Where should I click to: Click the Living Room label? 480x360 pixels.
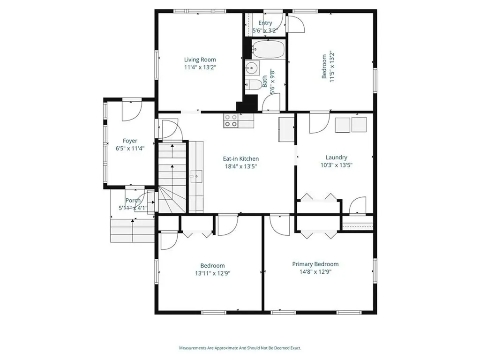point(200,60)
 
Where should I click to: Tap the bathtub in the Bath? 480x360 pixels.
point(269,49)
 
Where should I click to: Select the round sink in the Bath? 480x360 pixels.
point(252,68)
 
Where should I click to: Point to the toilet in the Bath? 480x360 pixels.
point(252,84)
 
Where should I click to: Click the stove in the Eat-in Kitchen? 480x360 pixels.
point(231,120)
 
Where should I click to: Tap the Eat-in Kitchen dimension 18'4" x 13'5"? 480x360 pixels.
point(240,166)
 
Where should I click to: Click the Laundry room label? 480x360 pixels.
point(336,157)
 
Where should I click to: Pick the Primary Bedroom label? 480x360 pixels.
point(315,264)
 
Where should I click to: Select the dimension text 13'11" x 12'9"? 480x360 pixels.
point(212,273)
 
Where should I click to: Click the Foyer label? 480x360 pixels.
point(130,141)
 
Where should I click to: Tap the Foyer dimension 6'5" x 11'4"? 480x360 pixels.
point(130,149)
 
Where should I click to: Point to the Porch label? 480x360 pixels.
point(133,201)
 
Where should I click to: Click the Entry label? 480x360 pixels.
point(265,23)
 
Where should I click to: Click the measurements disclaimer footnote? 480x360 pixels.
point(240,348)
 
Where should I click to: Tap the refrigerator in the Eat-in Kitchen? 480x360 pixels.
point(286,129)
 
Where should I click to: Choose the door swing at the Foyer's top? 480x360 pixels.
point(132,111)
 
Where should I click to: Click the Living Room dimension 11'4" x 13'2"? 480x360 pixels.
point(200,67)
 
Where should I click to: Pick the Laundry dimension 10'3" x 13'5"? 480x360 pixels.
point(336,165)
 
